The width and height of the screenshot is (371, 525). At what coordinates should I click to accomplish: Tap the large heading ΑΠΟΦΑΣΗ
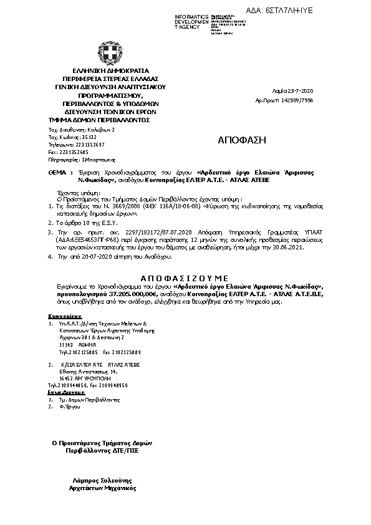coord(241,140)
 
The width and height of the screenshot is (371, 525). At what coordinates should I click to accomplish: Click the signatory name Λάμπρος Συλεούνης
coord(102,481)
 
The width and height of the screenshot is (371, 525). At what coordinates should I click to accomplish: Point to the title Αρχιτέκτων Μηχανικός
coord(102,489)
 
